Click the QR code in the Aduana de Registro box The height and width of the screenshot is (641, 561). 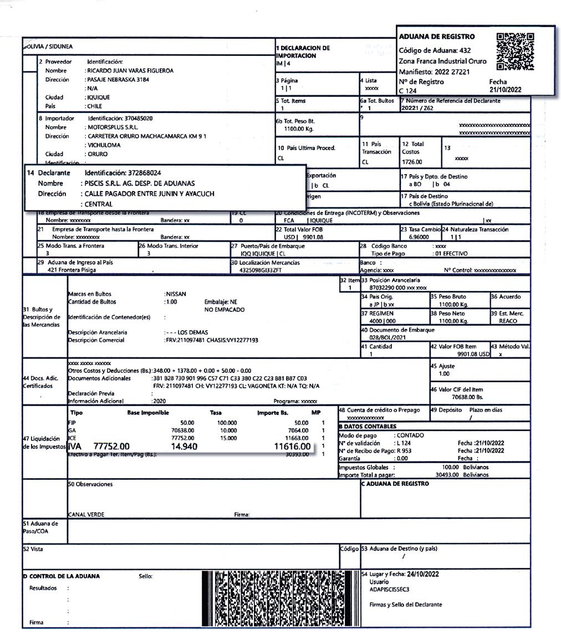516,52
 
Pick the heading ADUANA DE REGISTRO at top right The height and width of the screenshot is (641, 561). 437,37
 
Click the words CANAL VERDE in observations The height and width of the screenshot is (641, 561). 86,514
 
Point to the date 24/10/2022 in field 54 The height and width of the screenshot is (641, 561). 422,575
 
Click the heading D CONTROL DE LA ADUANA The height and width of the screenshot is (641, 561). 62,576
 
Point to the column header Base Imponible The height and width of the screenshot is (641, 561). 147,413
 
